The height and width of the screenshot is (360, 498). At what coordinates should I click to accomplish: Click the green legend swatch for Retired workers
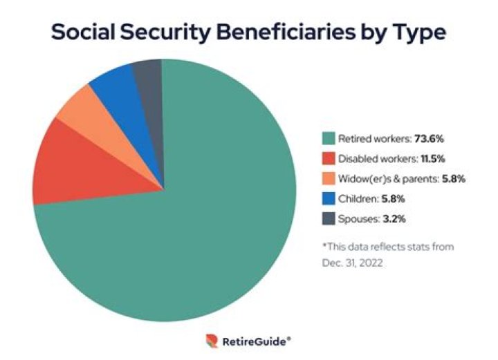click(x=329, y=138)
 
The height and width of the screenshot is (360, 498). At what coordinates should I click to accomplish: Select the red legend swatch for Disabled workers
click(x=329, y=158)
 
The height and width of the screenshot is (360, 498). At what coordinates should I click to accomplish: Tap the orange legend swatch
click(x=329, y=178)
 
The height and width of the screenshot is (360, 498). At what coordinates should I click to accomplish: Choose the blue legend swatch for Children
click(x=329, y=198)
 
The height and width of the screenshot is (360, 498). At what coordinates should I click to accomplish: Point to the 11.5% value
click(x=432, y=158)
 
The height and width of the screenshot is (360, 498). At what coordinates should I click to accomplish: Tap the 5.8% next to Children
click(x=395, y=198)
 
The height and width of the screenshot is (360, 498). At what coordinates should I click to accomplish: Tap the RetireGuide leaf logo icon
click(x=212, y=341)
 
